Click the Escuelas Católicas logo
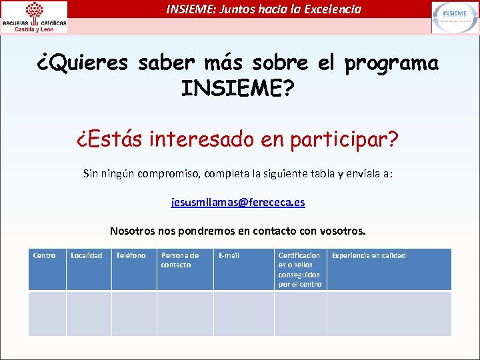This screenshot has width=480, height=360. click(34, 17)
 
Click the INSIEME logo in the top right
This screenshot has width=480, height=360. click(455, 17)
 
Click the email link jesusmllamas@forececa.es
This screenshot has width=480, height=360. click(238, 202)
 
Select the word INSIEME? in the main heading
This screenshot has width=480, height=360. click(237, 89)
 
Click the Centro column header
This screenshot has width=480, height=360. click(45, 255)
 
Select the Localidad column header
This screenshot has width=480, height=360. click(87, 255)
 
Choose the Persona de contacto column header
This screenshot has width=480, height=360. click(180, 260)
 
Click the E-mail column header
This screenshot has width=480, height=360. click(229, 255)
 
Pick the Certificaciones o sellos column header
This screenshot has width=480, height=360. click(299, 269)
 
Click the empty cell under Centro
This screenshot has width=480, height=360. click(47, 313)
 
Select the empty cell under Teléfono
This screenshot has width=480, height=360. click(133, 313)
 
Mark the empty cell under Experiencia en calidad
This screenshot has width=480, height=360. click(389, 313)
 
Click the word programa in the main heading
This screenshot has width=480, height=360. click(391, 63)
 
